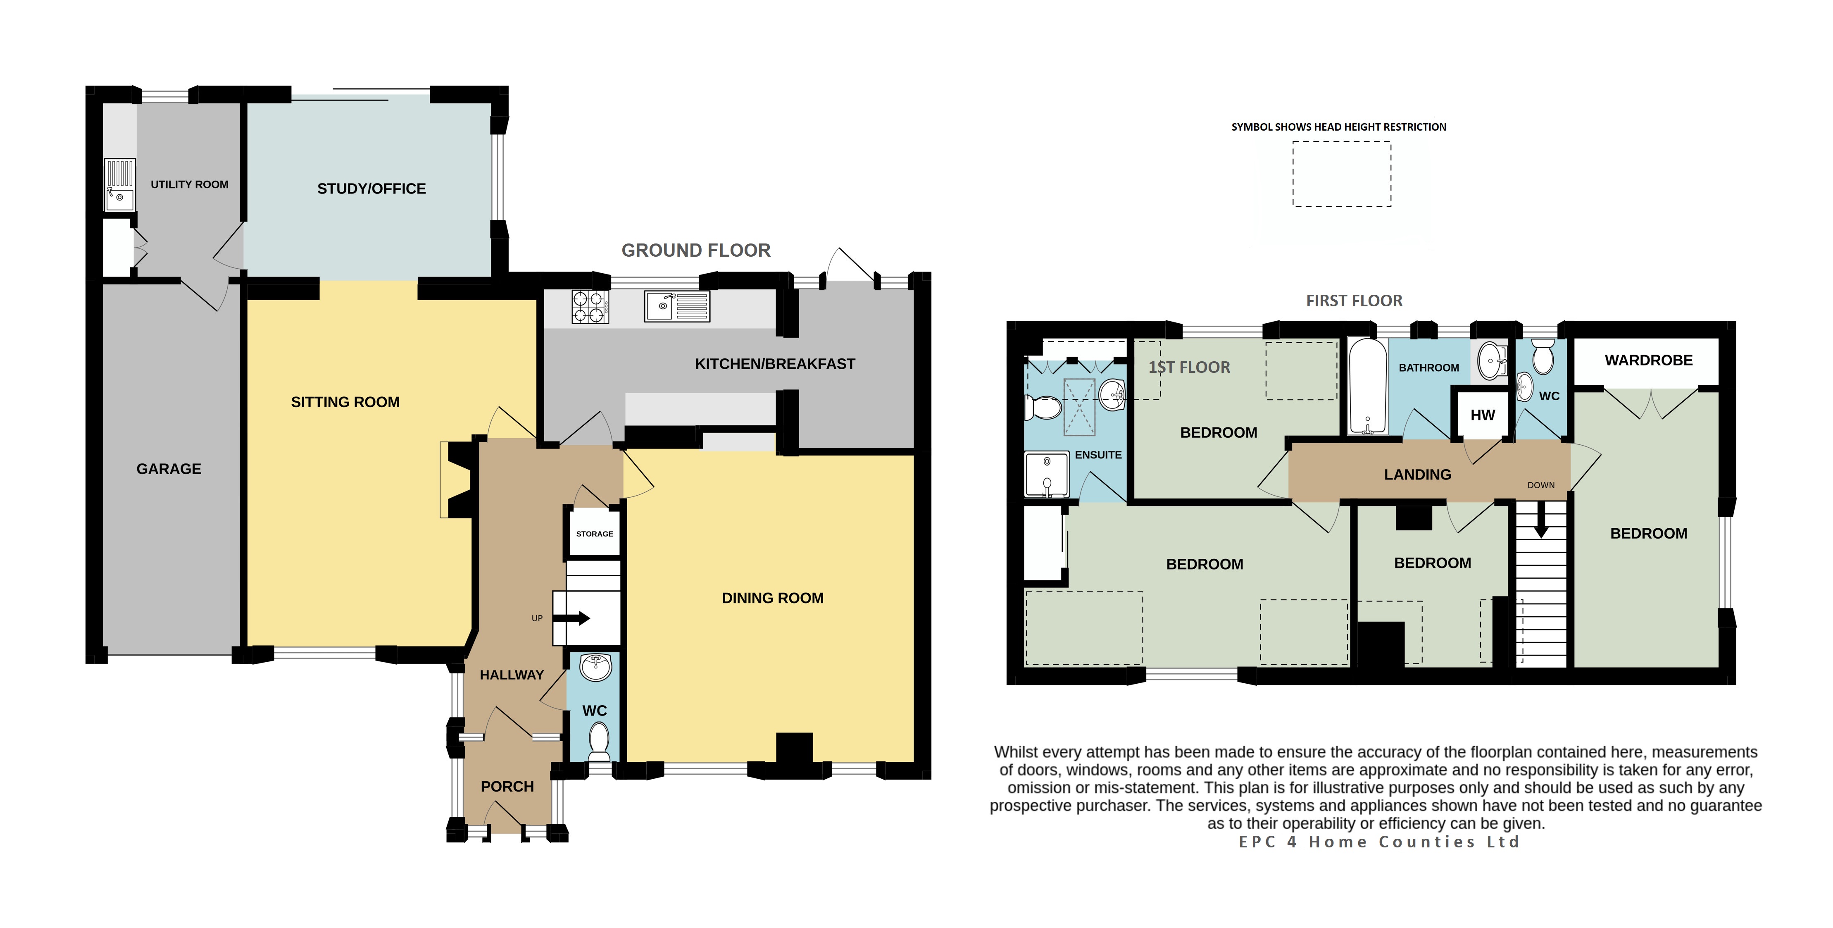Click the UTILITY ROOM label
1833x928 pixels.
tap(189, 184)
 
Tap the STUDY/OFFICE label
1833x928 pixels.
tap(371, 188)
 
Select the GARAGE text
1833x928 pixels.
tap(169, 469)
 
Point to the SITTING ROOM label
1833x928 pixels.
tap(345, 402)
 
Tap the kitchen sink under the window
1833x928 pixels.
tap(677, 306)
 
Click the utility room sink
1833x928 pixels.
tap(119, 185)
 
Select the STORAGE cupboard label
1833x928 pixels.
tap(594, 534)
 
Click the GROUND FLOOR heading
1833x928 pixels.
tap(696, 250)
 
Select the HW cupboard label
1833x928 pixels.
tap(1483, 415)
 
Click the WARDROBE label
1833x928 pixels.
tap(1649, 360)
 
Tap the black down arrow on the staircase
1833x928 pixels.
tap(1541, 520)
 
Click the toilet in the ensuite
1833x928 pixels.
tap(1043, 408)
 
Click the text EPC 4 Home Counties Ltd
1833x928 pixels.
tap(1379, 842)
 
